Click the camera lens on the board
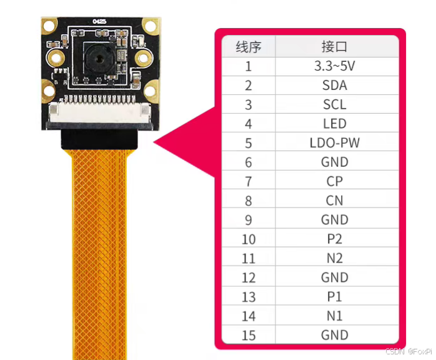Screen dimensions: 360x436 (x=97, y=60)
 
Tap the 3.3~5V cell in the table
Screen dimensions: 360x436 (x=335, y=66)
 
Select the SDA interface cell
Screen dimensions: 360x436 (x=335, y=85)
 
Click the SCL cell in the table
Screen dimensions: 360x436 (x=335, y=104)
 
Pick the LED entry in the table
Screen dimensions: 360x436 (x=335, y=124)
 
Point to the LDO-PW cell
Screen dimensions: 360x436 (x=335, y=142)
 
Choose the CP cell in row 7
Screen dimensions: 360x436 (x=335, y=181)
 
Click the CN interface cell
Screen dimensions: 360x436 (x=335, y=201)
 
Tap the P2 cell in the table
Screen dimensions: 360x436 (x=335, y=239)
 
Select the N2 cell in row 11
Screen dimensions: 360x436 (x=335, y=258)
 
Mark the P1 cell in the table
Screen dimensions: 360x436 (x=335, y=297)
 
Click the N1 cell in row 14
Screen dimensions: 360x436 (x=335, y=316)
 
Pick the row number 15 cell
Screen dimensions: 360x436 (x=249, y=336)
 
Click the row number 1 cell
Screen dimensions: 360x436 (x=249, y=66)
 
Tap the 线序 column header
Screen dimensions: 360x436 (x=249, y=46)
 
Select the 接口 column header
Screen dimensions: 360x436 (x=335, y=46)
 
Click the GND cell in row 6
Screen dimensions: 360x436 (x=335, y=162)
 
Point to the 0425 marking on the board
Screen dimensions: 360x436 (x=99, y=21)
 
